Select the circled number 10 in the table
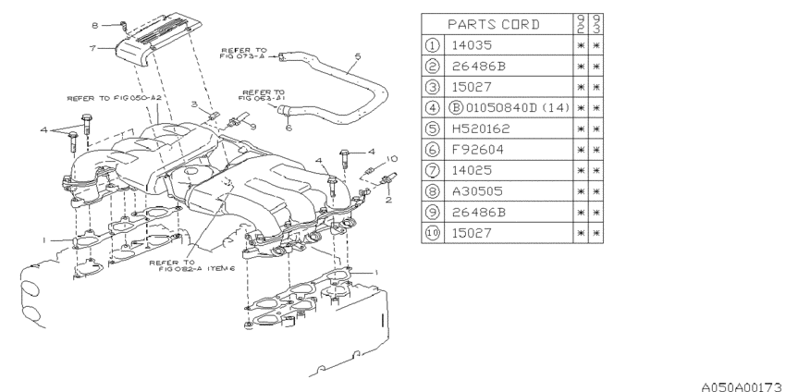[433, 234]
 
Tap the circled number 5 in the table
[433, 129]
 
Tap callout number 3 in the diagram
[195, 106]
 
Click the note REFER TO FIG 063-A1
[264, 94]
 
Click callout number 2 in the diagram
[389, 199]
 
